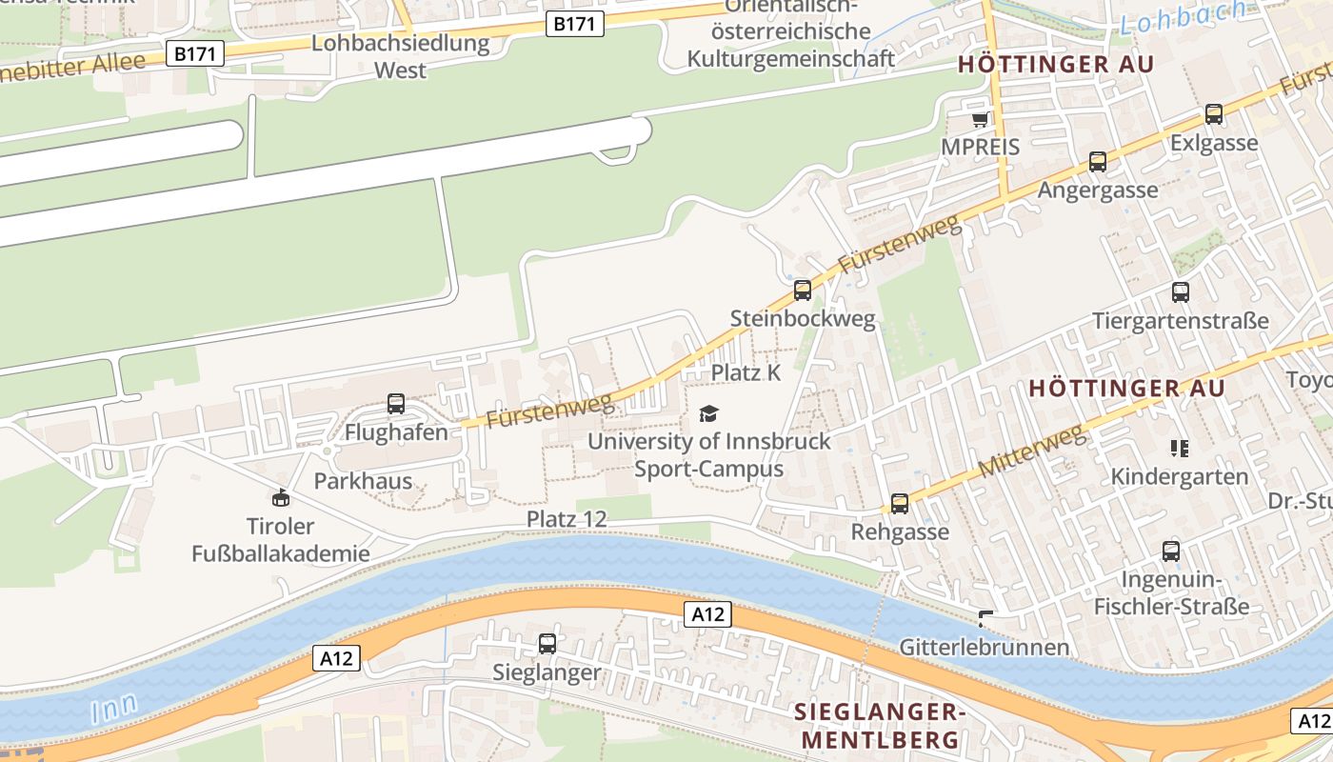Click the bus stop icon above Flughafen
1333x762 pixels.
tap(396, 404)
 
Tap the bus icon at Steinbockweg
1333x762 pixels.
tap(803, 291)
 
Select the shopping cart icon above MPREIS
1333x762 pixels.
tap(980, 120)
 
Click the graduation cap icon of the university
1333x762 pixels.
tap(708, 413)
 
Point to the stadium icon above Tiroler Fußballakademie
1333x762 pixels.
tap(281, 497)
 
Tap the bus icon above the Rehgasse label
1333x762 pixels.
tap(900, 503)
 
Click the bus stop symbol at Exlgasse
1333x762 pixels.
tap(1214, 114)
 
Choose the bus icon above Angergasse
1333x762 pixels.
tap(1098, 162)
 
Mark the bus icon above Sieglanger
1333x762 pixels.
tap(547, 644)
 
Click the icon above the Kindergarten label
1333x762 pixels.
tap(1180, 448)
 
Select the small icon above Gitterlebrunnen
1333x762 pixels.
tap(985, 619)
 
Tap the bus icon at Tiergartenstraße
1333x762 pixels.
tap(1181, 292)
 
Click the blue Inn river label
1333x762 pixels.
tap(115, 708)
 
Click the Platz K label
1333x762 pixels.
tap(746, 372)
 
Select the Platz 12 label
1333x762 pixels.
tap(567, 519)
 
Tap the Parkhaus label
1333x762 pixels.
tap(363, 480)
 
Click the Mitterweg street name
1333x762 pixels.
tap(1032, 452)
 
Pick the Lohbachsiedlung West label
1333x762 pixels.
tap(400, 56)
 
